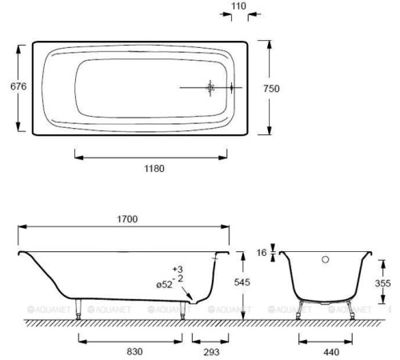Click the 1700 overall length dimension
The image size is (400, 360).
[127, 219]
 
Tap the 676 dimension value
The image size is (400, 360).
[18, 86]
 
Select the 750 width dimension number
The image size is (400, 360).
[271, 89]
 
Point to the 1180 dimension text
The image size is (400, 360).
[154, 169]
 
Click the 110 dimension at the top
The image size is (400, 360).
[238, 6]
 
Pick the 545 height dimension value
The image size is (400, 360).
[242, 282]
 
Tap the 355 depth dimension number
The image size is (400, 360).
[382, 283]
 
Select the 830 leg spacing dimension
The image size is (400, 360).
[134, 351]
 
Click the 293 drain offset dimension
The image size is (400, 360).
[211, 352]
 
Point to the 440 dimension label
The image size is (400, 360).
[331, 352]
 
